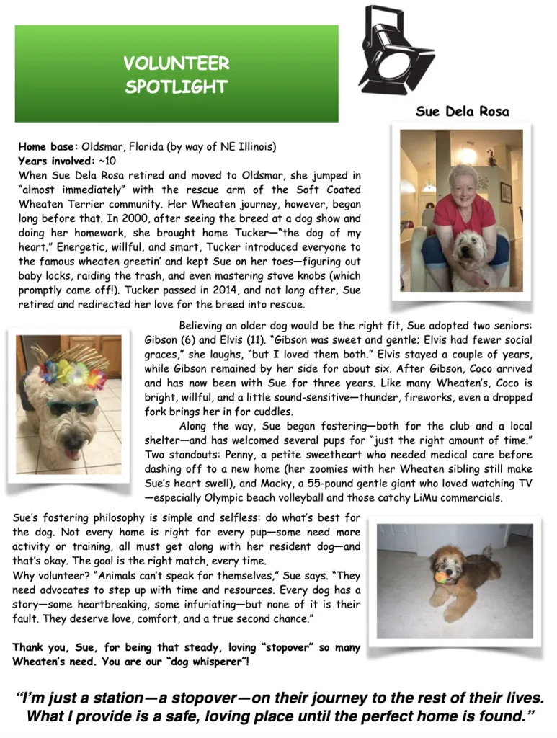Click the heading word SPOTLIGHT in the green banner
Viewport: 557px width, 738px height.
[x=176, y=87]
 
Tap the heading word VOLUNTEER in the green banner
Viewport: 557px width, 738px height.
[x=176, y=63]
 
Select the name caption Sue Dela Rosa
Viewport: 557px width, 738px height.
[x=462, y=111]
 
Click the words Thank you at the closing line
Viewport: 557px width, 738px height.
[x=35, y=647]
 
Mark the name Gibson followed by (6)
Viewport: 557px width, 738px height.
[x=162, y=339]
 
